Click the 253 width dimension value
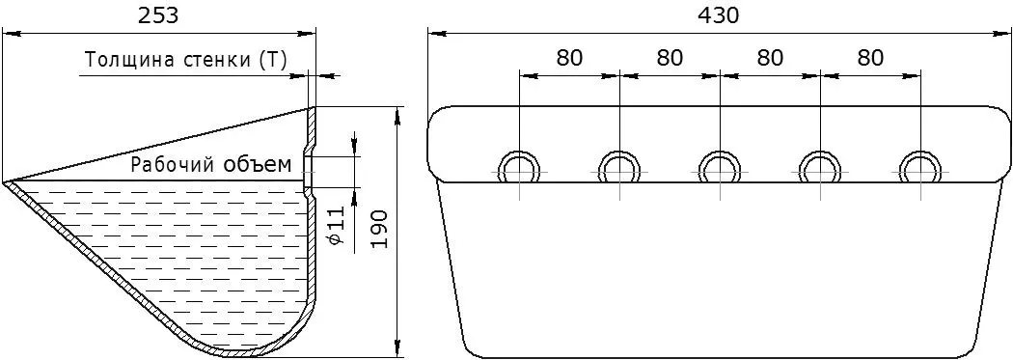pos(158,15)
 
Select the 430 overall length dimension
pos(718,15)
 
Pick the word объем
pos(259,164)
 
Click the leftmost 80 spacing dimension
pos(569,58)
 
